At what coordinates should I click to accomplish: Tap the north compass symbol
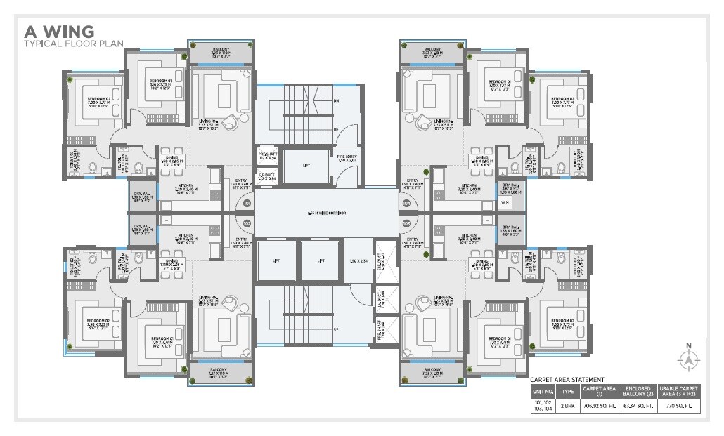(x=688, y=359)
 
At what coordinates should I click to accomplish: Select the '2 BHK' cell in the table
(x=567, y=406)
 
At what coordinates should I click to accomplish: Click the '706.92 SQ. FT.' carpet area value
(x=599, y=406)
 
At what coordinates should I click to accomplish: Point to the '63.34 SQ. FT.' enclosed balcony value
(x=638, y=406)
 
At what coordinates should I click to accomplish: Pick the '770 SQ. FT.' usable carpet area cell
(x=679, y=406)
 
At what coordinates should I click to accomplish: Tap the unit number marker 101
(x=247, y=204)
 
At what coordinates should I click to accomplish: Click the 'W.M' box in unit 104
(x=505, y=203)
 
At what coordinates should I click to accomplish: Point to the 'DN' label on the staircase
(x=336, y=101)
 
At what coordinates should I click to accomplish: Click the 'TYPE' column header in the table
(x=567, y=390)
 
